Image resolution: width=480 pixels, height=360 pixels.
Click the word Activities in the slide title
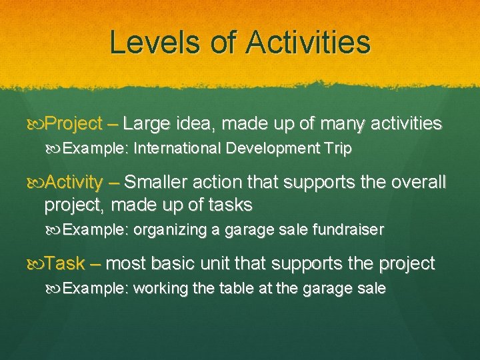pos(307,42)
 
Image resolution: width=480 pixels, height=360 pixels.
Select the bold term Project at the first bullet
pos(73,124)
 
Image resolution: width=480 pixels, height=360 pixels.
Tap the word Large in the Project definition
pos(147,124)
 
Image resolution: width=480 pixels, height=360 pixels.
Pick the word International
pos(177,149)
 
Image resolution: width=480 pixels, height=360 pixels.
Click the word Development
pos(268,149)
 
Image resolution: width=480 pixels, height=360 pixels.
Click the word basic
pos(177,263)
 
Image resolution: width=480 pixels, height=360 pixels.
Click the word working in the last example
pos(159,289)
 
